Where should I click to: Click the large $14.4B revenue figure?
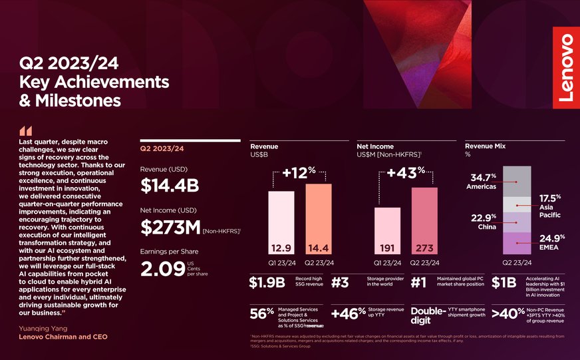point(169,187)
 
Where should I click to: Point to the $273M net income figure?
point(170,227)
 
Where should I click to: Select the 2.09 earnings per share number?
point(158,269)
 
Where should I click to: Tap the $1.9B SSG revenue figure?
point(267,283)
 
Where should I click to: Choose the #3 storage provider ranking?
point(339,283)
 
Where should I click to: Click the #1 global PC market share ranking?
point(418,283)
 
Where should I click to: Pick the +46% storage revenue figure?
point(348,313)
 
